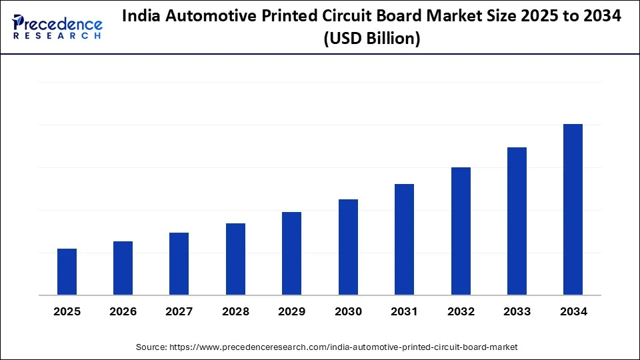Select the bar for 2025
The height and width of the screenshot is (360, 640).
click(67, 272)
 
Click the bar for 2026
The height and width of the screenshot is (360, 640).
click(123, 268)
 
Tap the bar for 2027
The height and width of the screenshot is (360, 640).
click(179, 264)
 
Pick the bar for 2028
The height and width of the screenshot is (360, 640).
click(235, 259)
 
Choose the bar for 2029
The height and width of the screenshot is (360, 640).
click(291, 253)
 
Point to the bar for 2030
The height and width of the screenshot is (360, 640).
click(348, 247)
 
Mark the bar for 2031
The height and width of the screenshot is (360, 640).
click(404, 239)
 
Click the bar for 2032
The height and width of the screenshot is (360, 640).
click(461, 231)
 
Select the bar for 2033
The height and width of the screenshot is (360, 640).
click(517, 221)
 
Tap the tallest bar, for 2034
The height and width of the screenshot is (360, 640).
click(573, 209)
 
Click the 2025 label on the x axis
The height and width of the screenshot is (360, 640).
click(67, 311)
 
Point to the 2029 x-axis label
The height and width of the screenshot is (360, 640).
click(291, 311)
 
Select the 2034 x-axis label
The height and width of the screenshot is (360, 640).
click(573, 311)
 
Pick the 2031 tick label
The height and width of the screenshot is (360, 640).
click(404, 311)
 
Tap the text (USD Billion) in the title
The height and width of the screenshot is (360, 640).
click(371, 39)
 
